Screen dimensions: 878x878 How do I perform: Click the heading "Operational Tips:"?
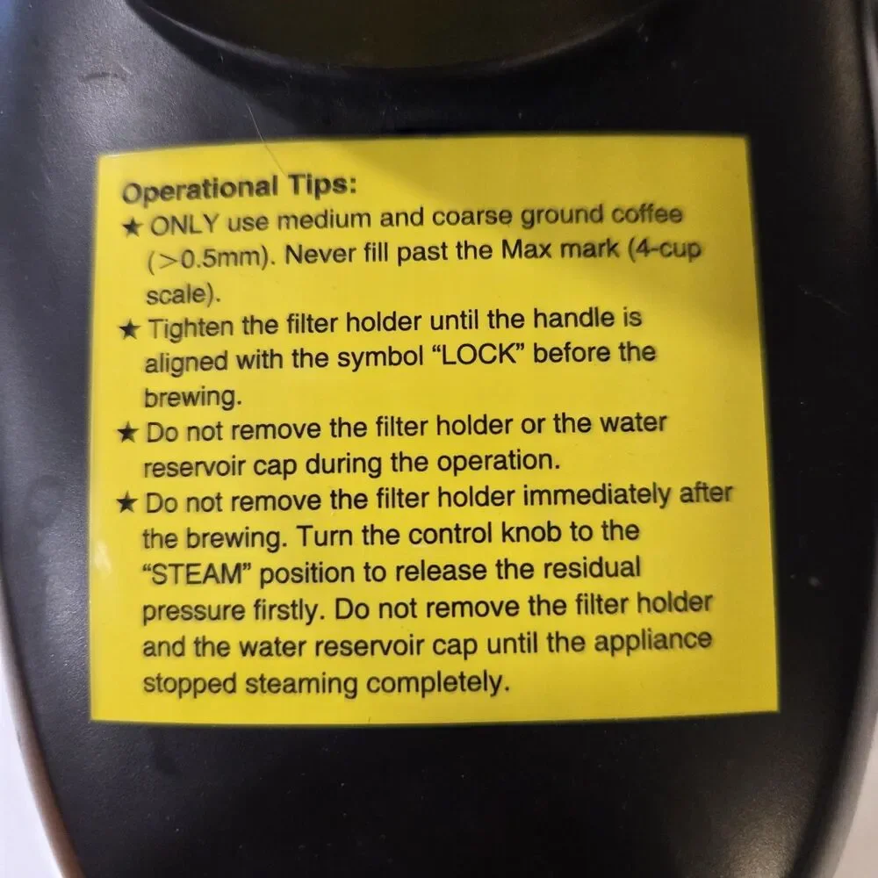point(239,189)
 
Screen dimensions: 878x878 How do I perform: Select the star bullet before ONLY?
point(133,227)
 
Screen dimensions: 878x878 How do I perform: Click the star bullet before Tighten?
point(129,329)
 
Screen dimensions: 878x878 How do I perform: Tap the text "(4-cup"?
point(665,248)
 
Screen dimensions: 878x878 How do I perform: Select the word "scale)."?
point(184,294)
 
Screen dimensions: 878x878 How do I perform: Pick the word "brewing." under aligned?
point(193,398)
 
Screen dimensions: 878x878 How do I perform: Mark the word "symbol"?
point(380,357)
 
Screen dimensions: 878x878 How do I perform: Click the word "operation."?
point(499,462)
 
